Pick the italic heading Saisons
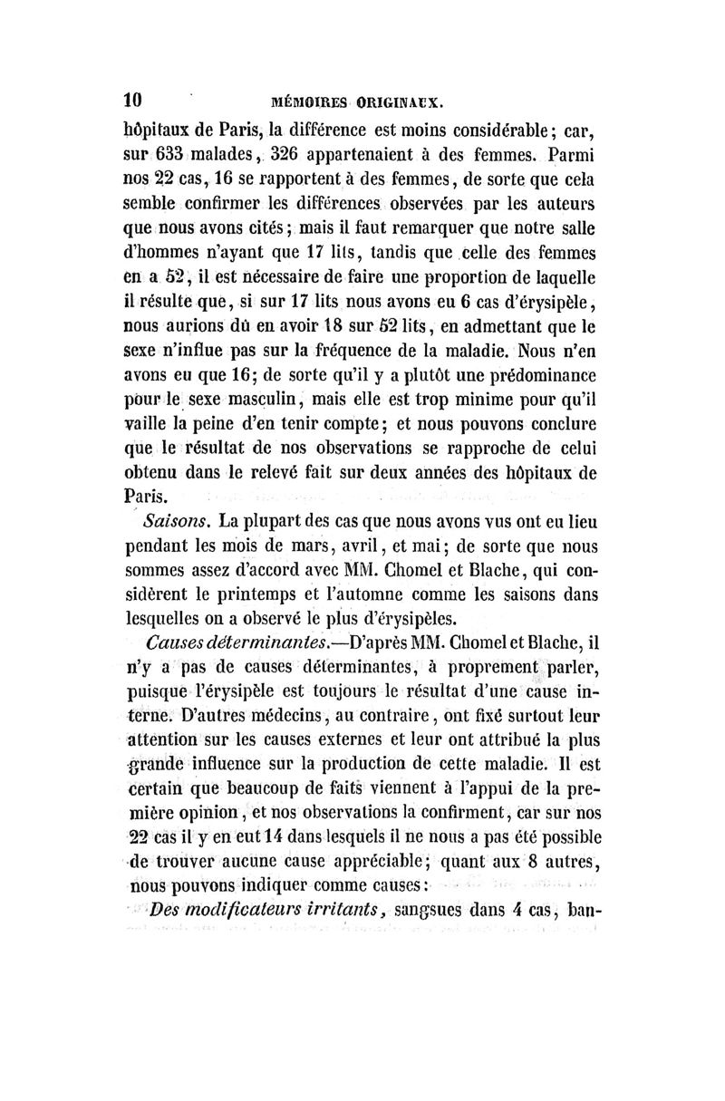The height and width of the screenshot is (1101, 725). [177, 523]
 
